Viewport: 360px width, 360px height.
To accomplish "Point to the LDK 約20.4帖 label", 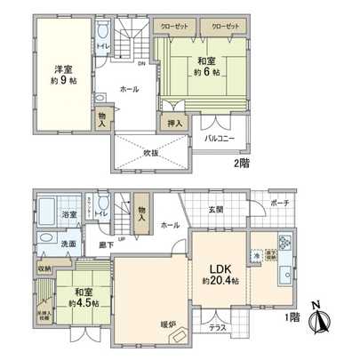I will click(219, 276).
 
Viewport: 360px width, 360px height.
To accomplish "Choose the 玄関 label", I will click(216, 210).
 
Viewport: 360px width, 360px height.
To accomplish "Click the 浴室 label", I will click(68, 214).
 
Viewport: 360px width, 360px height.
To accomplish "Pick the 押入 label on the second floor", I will click(174, 124).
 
